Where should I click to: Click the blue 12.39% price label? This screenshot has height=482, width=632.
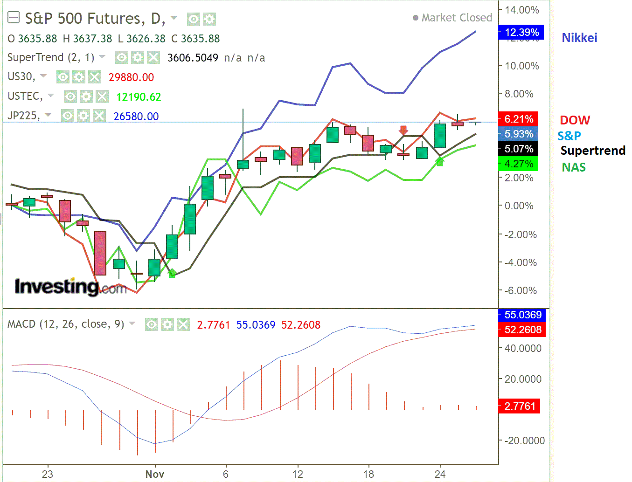(521, 33)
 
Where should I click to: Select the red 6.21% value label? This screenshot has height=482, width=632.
(518, 119)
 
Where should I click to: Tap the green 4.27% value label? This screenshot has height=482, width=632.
(518, 164)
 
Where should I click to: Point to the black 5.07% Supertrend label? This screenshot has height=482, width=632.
(518, 149)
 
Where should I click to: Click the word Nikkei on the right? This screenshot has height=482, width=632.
(579, 38)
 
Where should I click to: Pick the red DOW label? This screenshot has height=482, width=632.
(575, 120)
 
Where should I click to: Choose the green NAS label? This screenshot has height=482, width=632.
(573, 167)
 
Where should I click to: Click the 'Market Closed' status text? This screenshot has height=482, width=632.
(456, 18)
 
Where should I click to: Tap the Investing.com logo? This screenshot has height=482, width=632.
(70, 286)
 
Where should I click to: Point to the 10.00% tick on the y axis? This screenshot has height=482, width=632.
(521, 66)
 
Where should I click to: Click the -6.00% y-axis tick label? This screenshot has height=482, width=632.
(521, 291)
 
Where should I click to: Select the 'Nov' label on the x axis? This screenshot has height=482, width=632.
(154, 475)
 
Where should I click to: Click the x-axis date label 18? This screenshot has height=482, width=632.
(368, 475)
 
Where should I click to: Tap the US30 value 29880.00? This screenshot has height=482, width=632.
(131, 77)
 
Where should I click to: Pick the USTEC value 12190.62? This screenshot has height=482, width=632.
(139, 97)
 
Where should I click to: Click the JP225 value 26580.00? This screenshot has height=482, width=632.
(136, 117)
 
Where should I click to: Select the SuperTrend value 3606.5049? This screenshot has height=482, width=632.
(193, 58)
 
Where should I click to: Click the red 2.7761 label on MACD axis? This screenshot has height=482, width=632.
(519, 406)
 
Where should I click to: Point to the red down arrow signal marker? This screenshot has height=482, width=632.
(403, 130)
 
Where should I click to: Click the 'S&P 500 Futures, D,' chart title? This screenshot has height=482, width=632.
(95, 19)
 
